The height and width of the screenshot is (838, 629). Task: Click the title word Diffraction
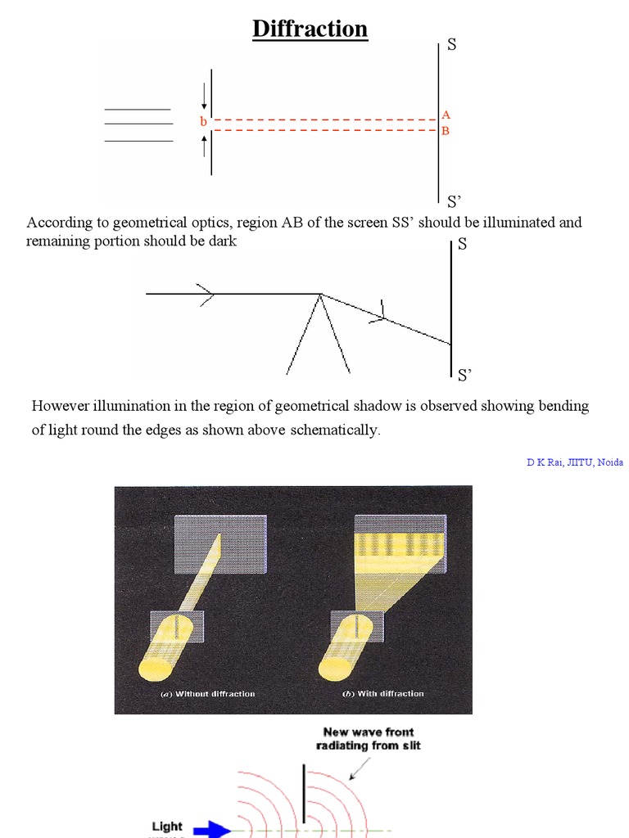pyautogui.click(x=310, y=29)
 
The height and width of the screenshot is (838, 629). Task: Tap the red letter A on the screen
pyautogui.click(x=446, y=115)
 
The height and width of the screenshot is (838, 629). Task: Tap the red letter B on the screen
pyautogui.click(x=446, y=131)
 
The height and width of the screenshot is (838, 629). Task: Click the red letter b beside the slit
pyautogui.click(x=203, y=122)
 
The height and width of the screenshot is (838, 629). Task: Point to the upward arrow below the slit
pyautogui.click(x=204, y=146)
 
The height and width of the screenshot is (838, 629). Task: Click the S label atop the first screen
pyautogui.click(x=451, y=45)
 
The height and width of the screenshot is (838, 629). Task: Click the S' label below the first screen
pyautogui.click(x=454, y=201)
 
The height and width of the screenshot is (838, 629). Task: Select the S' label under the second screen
pyautogui.click(x=464, y=375)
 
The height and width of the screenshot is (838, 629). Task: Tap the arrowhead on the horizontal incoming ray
pyautogui.click(x=206, y=294)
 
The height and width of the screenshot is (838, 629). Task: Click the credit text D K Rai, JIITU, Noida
pyautogui.click(x=574, y=462)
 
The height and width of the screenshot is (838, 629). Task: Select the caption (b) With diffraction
pyautogui.click(x=383, y=693)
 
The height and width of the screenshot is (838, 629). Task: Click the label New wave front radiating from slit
pyautogui.click(x=368, y=739)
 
